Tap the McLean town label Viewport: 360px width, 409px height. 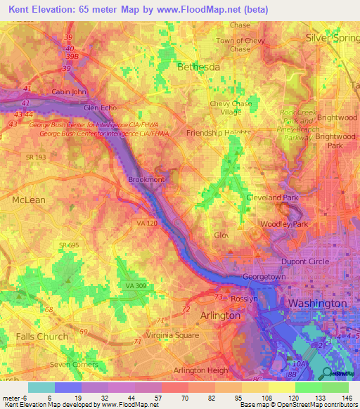click(28, 200)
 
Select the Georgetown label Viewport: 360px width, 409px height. click(264, 278)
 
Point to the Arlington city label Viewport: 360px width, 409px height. click(221, 316)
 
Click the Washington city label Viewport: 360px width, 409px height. click(317, 303)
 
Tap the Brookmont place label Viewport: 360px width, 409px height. click(146, 180)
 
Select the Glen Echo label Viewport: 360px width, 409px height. click(101, 108)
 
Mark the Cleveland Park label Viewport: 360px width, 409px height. click(272, 198)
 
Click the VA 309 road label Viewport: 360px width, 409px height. click(136, 285)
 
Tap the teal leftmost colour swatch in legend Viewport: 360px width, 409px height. click(41, 387)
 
